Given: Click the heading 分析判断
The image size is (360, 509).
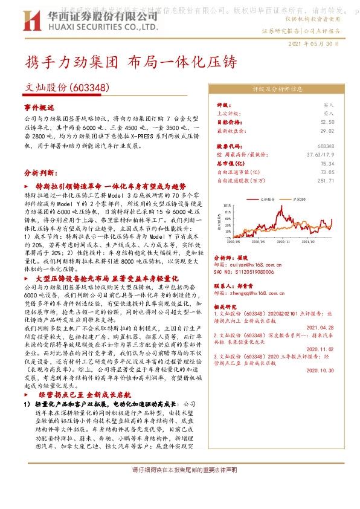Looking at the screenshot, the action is click(x=40, y=172).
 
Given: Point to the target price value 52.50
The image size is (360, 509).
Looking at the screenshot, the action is click(x=328, y=121).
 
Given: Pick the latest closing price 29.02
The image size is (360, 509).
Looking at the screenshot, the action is click(x=328, y=129).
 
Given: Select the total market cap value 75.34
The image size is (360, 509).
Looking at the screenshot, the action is click(x=328, y=163).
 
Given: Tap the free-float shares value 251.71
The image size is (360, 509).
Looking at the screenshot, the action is click(x=326, y=180).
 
